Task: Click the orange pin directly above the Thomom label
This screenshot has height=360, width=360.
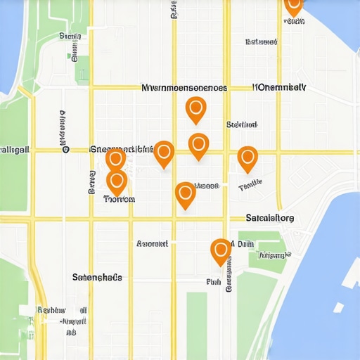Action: (x=117, y=181)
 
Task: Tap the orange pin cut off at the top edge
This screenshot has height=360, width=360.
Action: (x=293, y=5)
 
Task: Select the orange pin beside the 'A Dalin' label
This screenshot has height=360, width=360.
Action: (x=221, y=250)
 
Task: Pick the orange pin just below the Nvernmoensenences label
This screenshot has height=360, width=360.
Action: (x=195, y=109)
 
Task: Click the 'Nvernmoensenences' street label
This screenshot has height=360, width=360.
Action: (x=184, y=89)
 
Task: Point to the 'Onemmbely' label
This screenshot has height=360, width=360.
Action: (x=279, y=88)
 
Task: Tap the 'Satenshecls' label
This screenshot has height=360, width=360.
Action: (x=97, y=277)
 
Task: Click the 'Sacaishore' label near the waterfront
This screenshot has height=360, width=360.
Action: (x=271, y=218)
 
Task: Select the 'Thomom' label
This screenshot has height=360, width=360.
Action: (x=119, y=199)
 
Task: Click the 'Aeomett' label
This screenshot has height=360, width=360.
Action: (x=152, y=244)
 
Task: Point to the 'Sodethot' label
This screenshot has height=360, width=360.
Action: (x=241, y=124)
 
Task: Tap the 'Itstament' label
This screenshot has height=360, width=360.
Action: (x=261, y=42)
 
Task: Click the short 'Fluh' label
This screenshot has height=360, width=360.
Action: (x=214, y=281)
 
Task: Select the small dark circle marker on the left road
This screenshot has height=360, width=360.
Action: (x=65, y=150)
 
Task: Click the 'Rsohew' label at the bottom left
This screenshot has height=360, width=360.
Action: (x=51, y=309)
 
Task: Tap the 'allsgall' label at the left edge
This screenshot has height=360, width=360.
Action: (x=14, y=150)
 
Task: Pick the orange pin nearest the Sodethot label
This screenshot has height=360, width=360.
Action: (x=199, y=145)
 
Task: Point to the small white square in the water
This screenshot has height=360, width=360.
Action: (x=339, y=307)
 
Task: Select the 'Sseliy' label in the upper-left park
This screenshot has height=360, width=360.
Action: (x=70, y=36)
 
